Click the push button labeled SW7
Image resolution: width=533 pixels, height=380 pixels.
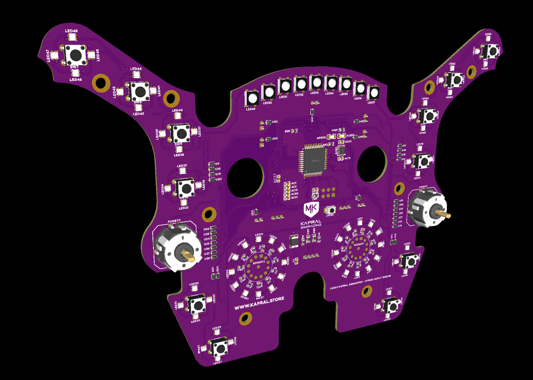(x=76, y=53)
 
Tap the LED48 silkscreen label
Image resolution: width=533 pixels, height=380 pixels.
(x=71, y=31)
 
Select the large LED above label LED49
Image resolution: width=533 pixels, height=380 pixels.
(x=252, y=98)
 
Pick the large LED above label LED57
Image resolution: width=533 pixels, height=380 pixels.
(x=373, y=93)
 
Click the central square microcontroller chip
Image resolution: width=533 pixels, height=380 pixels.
(x=313, y=161)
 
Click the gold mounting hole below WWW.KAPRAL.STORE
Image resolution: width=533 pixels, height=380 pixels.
(x=245, y=319)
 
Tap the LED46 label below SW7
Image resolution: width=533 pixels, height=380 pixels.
(x=76, y=79)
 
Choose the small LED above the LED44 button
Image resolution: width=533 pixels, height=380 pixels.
(x=136, y=75)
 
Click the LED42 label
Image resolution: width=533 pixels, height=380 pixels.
(x=138, y=113)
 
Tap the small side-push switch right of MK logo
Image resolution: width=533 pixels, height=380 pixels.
(x=331, y=210)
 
